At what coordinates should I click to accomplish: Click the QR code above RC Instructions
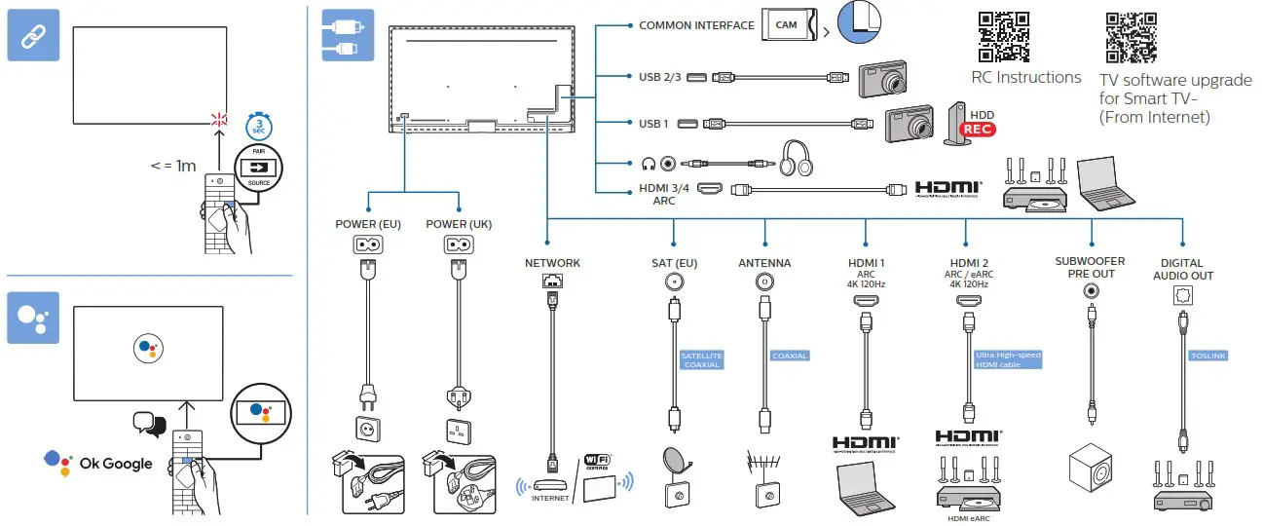point(1004,37)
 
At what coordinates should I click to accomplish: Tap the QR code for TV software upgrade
point(1132,37)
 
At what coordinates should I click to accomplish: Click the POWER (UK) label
point(459,224)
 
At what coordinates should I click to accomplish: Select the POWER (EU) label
point(368,224)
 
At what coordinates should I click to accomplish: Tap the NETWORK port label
point(552,263)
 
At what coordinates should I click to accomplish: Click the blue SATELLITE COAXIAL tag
point(701,360)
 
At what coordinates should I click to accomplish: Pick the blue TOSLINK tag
point(1208,356)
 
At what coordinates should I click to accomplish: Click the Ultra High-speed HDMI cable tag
point(1008,359)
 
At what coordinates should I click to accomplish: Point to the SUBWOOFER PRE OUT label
point(1090,268)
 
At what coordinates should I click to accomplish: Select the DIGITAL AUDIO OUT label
point(1181,269)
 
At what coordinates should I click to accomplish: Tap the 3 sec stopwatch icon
point(257,125)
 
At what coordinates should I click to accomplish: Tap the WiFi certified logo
point(596,462)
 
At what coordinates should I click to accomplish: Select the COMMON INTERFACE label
point(696,25)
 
